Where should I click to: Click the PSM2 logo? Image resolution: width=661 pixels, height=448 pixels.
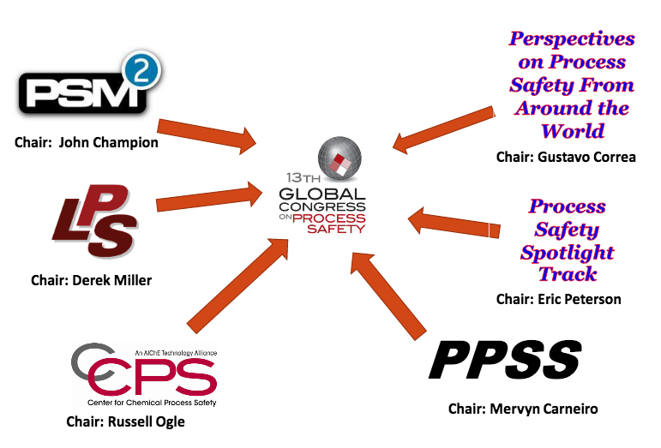86,89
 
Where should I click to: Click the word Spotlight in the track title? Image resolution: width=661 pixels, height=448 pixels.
567,253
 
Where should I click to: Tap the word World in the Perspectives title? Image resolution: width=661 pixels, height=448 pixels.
572,131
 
